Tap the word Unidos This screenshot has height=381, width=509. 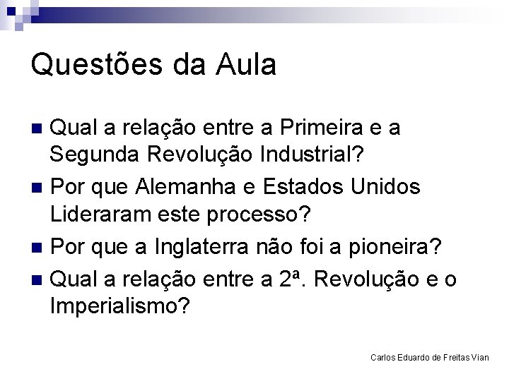387,187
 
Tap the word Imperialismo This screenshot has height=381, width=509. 119,306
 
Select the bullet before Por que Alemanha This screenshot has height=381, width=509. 40,188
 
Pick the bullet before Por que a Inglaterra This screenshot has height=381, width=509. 40,248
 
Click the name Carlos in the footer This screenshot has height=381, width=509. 383,358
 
